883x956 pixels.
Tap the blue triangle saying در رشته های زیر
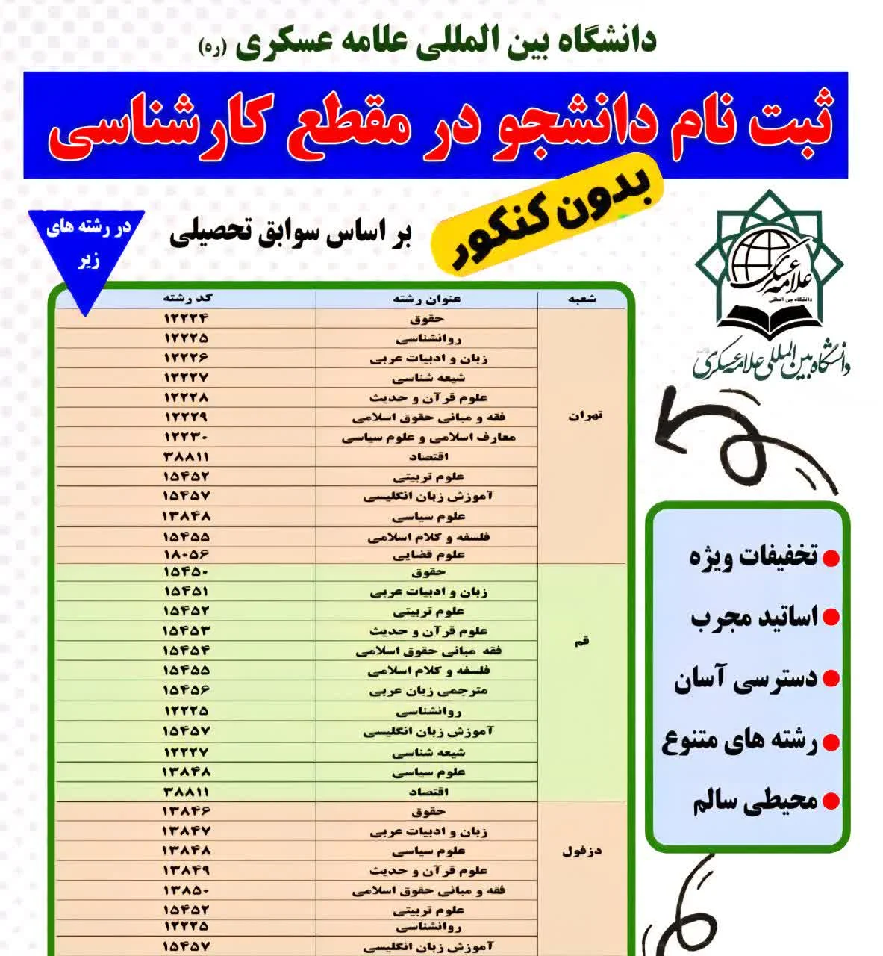pos(87,246)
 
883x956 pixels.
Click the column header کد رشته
pos(187,298)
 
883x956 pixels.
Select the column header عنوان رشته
pos(427,299)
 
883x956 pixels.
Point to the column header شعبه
pos(582,299)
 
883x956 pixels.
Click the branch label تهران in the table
pos(585,416)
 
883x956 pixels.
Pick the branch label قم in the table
pos(582,641)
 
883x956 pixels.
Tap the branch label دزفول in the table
pos(582,851)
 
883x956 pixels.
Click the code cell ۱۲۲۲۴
pos(186,318)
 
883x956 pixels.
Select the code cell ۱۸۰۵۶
pos(186,555)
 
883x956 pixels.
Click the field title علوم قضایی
pos(428,555)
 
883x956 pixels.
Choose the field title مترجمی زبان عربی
pos(428,690)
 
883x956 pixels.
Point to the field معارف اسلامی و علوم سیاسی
pos(428,437)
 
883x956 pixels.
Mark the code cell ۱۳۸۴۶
pos(186,810)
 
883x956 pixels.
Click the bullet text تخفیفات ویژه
pos(754,556)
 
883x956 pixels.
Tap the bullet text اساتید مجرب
pos(754,618)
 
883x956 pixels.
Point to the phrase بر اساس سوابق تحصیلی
pos(291,234)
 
